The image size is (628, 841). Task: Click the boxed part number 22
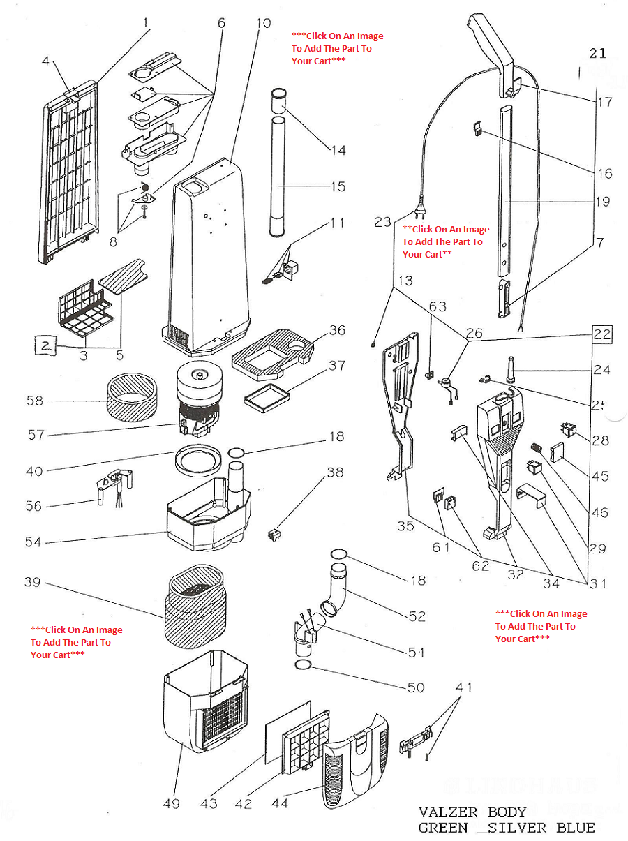pos(601,334)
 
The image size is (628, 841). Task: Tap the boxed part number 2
pos(45,345)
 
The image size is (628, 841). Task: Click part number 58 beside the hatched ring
pos(35,401)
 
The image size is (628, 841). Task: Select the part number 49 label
pos(171,804)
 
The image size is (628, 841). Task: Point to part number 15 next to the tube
pos(338,186)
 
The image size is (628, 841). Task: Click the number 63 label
pos(438,306)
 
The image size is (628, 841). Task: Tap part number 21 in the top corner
pos(597,54)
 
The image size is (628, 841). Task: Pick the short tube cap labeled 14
pos(278,101)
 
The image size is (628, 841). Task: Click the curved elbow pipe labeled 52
pos(337,589)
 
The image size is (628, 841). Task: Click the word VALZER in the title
pos(448,812)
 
